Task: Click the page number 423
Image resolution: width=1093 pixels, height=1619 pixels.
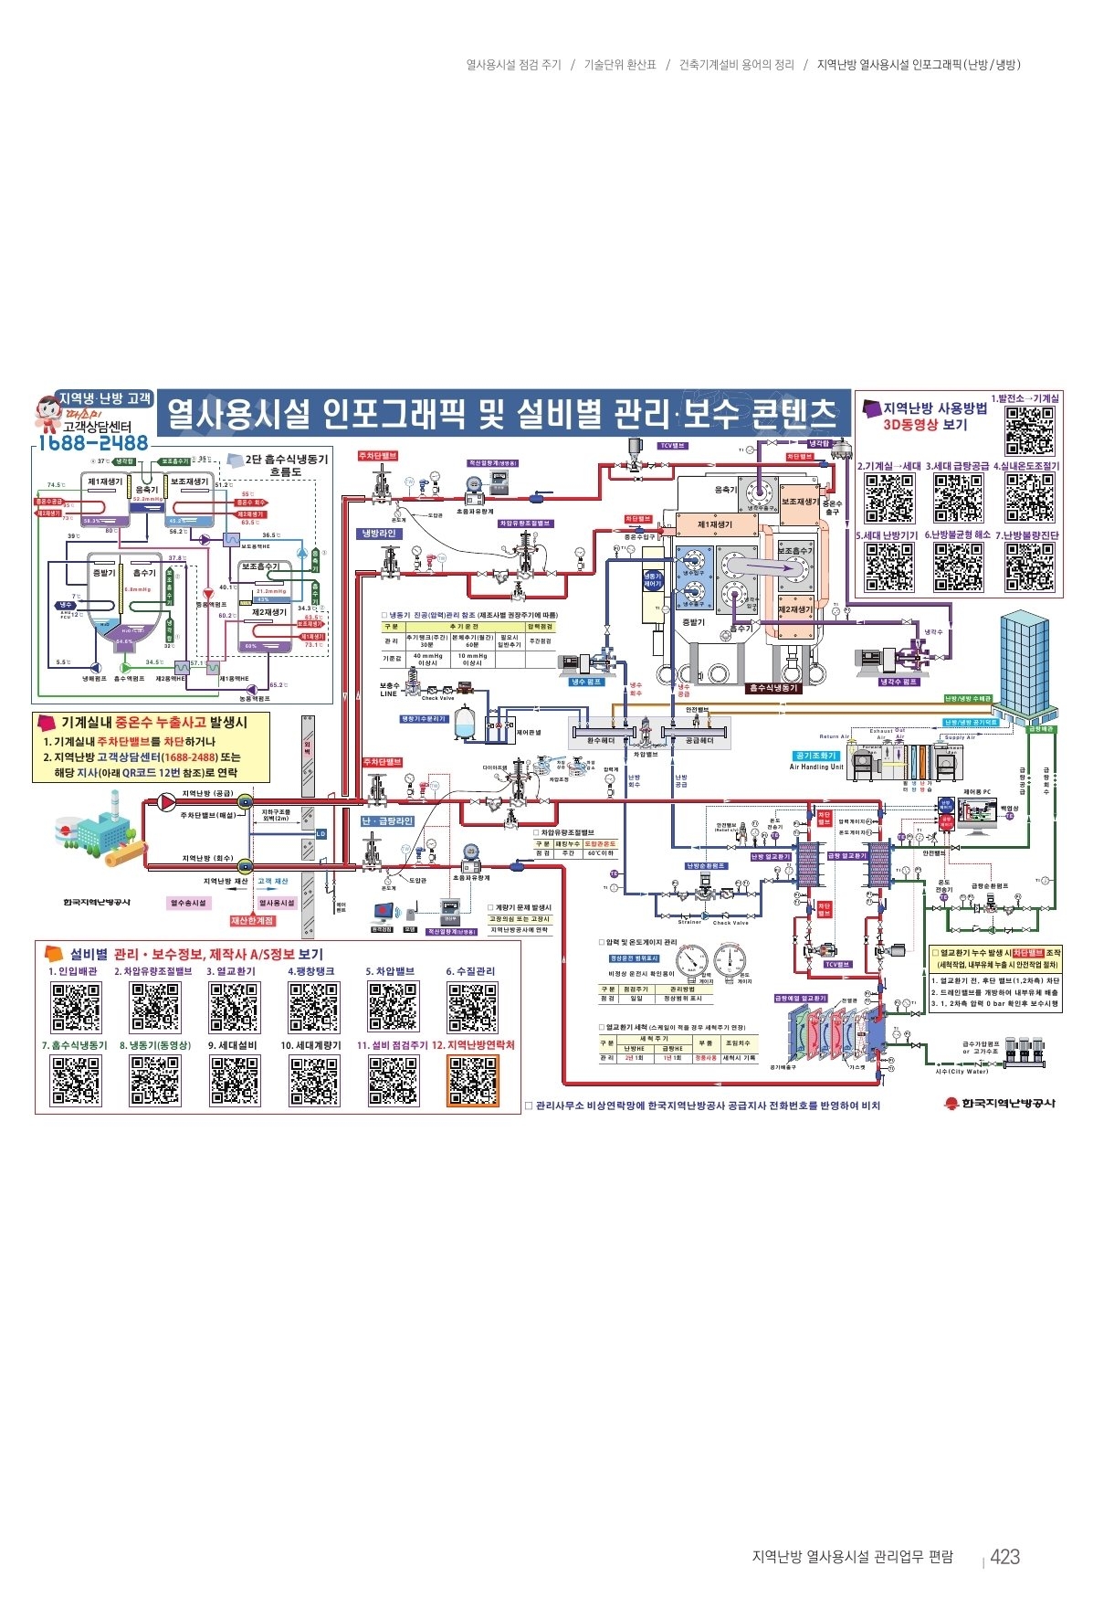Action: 1004,1557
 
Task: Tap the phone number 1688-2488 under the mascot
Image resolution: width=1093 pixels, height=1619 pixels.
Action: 92,443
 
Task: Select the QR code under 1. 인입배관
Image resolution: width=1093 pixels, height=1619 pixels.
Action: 76,1007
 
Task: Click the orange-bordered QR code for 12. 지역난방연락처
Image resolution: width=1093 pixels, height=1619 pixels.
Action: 473,1081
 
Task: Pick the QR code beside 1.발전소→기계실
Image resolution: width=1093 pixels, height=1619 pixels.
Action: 1030,430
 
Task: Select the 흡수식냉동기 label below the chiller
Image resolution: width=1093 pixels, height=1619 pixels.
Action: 772,688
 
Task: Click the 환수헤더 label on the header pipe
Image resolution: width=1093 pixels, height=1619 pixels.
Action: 601,741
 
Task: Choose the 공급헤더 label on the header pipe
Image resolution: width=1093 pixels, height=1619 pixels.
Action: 699,741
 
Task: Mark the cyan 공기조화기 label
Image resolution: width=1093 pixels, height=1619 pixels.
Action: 815,756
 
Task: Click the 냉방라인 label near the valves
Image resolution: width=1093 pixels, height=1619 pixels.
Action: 379,534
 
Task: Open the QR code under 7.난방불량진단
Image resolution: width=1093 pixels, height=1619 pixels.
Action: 1030,567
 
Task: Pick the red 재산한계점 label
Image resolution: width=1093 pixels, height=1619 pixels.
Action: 252,921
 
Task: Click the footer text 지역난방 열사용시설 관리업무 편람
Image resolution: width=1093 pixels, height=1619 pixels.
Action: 852,1557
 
